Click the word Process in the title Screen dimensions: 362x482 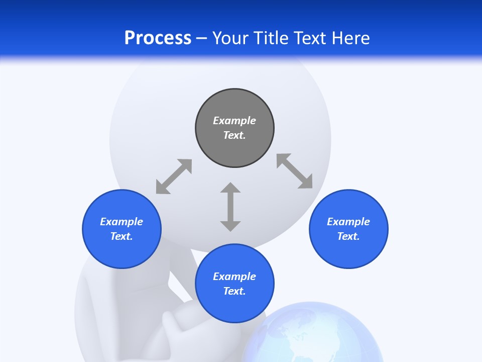point(158,38)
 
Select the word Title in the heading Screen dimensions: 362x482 point(272,38)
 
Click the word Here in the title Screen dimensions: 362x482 point(350,38)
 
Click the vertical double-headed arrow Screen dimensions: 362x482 point(230,207)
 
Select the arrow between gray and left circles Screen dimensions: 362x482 point(174,176)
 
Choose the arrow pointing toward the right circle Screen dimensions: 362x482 point(295,171)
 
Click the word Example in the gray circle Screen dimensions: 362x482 point(234,121)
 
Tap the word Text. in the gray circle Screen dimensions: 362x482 point(234,135)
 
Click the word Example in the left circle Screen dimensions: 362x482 point(122,222)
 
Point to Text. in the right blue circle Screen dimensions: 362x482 point(348,236)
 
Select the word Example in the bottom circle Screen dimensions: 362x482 point(234,277)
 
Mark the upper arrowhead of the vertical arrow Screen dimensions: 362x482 point(230,188)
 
